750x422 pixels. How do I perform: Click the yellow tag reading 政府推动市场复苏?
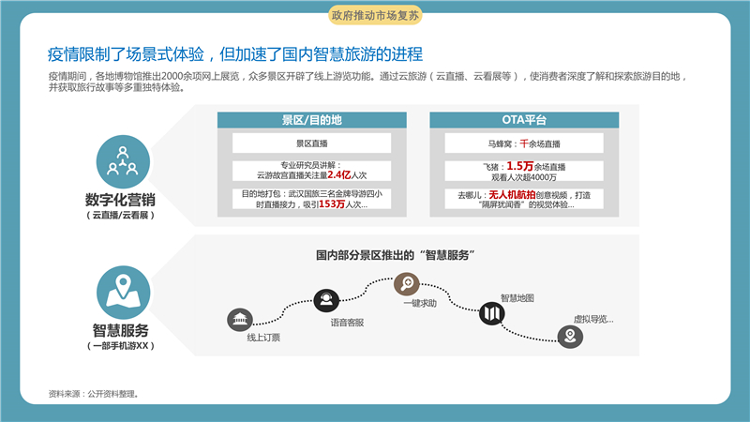point(375,15)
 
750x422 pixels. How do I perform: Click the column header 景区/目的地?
point(312,120)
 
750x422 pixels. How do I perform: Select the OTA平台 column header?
point(524,120)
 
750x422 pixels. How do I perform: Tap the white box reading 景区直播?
point(312,143)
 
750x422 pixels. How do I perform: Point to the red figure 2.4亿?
point(339,175)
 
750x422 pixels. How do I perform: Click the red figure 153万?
point(332,204)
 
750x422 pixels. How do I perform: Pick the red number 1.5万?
point(520,166)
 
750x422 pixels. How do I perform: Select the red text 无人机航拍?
point(512,195)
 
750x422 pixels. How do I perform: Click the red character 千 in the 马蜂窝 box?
point(524,143)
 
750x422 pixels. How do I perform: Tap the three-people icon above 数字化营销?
point(123,161)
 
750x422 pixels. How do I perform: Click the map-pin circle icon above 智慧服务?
point(124,293)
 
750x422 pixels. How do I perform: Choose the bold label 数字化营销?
point(120,200)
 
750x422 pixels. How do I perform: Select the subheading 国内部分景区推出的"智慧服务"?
point(395,255)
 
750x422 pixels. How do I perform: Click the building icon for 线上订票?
point(240,320)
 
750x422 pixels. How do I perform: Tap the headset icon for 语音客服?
point(326,300)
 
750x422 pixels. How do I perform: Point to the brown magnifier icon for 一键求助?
point(407,284)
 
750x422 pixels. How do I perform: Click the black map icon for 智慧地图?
point(491,313)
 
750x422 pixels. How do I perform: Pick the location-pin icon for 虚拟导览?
point(570,337)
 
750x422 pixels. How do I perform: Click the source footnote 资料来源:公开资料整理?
point(94,394)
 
